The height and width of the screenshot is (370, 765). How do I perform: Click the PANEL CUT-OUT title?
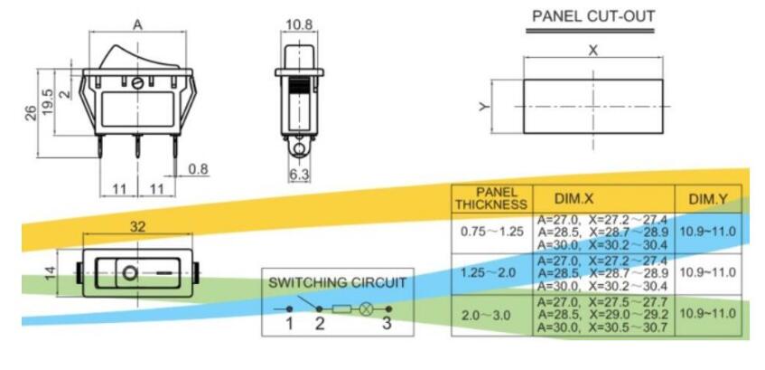coord(592,16)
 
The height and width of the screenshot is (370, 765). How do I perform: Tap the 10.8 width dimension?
coord(298,23)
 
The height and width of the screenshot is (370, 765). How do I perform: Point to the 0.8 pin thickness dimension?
coord(200,168)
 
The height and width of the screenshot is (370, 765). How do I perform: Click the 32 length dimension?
coord(137,226)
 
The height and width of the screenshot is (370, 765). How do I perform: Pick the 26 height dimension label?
coord(30,112)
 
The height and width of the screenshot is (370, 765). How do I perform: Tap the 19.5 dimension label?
coord(48,98)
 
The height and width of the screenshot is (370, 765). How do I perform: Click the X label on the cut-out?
coord(592,51)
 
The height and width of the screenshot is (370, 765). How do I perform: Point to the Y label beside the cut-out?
coord(486,107)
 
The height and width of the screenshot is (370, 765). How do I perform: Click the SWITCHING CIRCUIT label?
coord(339,282)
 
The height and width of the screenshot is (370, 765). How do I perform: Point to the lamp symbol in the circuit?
coord(367,308)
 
